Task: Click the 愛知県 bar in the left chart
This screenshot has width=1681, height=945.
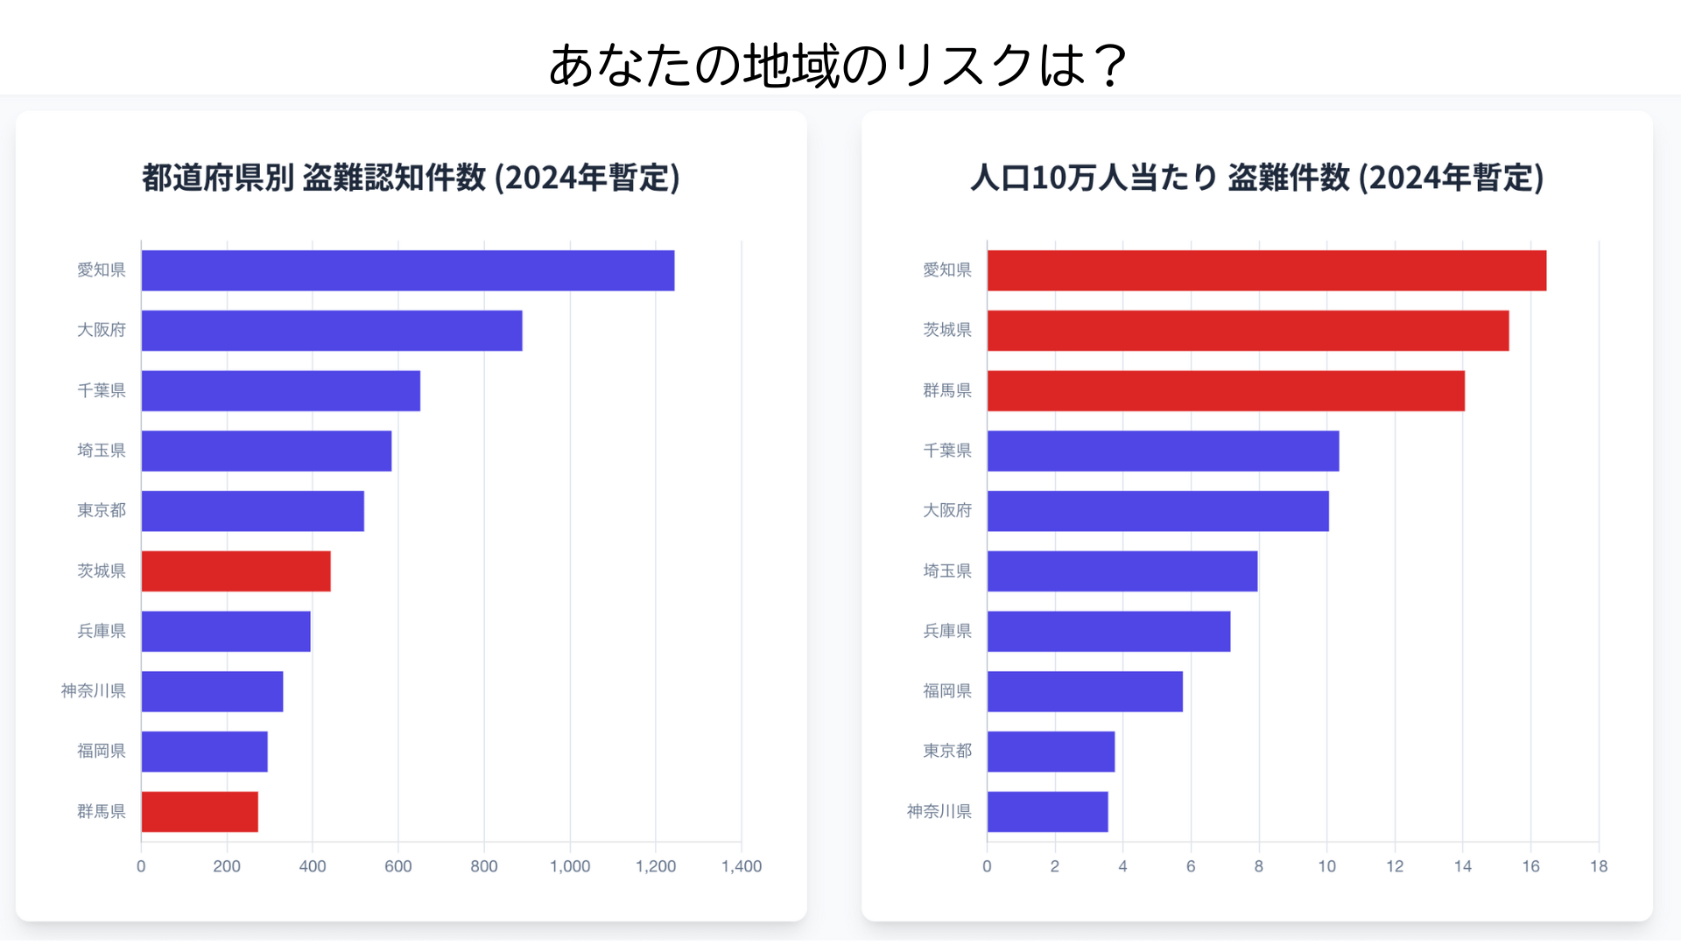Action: [407, 270]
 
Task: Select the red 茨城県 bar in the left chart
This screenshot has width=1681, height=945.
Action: [236, 571]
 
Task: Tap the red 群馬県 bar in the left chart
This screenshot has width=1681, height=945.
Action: [200, 812]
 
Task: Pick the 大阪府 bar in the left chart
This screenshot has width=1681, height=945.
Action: [331, 331]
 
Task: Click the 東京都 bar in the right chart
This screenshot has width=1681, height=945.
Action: [1051, 752]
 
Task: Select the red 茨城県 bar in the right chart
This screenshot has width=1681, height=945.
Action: [1248, 331]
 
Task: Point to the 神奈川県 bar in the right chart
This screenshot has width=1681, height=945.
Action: [1047, 812]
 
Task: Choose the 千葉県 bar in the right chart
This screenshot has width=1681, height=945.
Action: [1163, 451]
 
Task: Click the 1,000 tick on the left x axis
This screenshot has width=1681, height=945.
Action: [570, 866]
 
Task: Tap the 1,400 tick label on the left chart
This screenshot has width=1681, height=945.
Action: [741, 866]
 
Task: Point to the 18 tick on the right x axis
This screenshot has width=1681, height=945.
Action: [1599, 866]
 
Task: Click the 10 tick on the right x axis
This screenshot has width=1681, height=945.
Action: [1326, 866]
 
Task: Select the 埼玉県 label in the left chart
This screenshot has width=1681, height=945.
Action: [102, 451]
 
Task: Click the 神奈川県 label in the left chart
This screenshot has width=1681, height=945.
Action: [93, 691]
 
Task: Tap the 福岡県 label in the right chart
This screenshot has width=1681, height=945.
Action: [947, 691]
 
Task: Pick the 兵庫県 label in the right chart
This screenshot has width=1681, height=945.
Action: [947, 631]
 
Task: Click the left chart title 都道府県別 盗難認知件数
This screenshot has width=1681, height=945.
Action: [411, 178]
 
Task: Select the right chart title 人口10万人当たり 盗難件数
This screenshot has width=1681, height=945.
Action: [1256, 178]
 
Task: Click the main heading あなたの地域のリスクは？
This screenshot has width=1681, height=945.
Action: [839, 66]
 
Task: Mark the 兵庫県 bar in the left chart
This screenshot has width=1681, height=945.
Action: [226, 632]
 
